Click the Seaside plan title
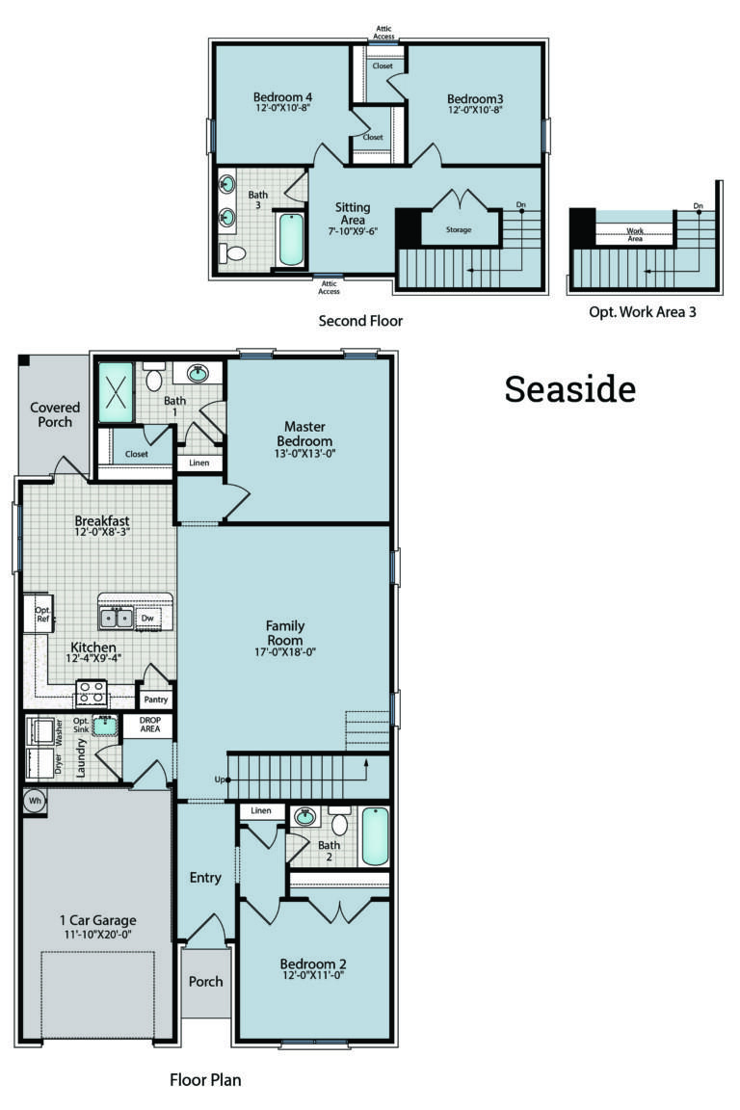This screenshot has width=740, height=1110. coord(569,388)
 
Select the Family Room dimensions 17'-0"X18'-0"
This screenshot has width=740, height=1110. coord(285,652)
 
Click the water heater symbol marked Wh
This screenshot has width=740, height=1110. coord(34,800)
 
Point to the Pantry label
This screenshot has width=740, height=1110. coord(155,700)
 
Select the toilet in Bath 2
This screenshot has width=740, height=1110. coord(339,824)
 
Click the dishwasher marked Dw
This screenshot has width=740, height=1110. coord(147,618)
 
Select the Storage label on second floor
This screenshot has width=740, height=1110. coord(459,229)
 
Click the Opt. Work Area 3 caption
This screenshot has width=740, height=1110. coord(642,312)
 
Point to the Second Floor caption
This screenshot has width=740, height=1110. coord(360,320)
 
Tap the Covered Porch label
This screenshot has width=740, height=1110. coord(55,414)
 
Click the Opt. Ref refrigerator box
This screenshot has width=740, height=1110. coord(41,615)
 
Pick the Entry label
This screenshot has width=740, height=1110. coord(205,878)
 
